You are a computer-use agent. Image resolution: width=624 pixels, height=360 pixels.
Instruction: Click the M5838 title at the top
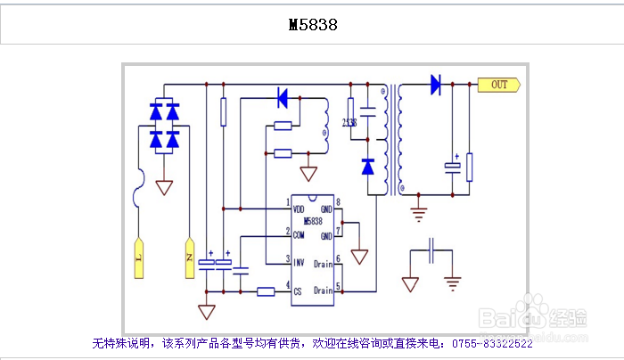(313, 25)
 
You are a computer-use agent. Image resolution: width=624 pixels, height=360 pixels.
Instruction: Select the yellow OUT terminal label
(498, 85)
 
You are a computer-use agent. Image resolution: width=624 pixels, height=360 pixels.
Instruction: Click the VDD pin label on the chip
(300, 209)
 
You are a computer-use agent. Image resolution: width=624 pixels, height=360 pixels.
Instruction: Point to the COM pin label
(300, 234)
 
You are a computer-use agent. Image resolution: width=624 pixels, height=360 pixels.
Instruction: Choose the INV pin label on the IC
(300, 262)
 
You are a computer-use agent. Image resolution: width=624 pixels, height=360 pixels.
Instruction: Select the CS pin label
(298, 290)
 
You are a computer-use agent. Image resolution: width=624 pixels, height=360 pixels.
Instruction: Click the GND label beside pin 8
(325, 209)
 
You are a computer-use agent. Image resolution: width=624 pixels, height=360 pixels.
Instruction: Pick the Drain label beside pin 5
(323, 290)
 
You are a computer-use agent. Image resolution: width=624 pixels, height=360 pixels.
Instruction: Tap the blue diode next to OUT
(436, 85)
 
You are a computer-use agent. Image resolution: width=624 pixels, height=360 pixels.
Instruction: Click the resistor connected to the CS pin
(266, 290)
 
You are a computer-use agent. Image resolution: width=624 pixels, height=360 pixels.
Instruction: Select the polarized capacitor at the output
(454, 168)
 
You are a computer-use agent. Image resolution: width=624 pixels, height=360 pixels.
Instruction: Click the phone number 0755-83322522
(493, 343)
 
